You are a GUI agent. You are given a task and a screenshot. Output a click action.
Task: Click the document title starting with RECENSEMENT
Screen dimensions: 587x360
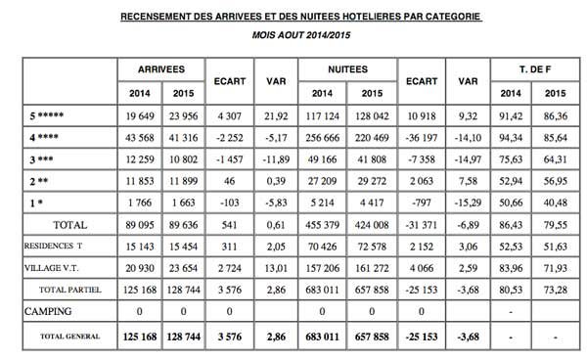point(301,17)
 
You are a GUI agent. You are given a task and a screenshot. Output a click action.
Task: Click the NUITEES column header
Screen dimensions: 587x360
point(346,69)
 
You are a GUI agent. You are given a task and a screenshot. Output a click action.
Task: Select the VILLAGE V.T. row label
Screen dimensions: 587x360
point(52,269)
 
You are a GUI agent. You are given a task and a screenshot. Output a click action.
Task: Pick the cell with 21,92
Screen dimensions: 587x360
point(276,118)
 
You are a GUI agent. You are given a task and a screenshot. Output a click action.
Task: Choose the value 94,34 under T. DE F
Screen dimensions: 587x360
point(512,137)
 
